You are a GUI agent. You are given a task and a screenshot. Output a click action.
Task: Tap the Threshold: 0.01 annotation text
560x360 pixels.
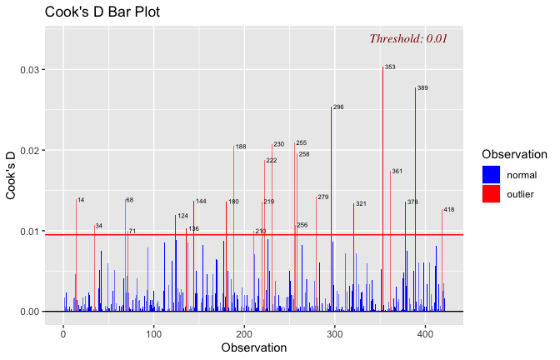(x=408, y=38)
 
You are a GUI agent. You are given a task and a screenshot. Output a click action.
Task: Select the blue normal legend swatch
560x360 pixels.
(x=491, y=174)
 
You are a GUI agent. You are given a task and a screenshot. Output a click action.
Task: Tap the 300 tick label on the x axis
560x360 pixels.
(x=334, y=332)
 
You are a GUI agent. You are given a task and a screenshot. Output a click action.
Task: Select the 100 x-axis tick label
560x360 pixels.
(x=153, y=332)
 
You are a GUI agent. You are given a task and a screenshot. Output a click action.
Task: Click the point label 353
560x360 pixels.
(x=390, y=67)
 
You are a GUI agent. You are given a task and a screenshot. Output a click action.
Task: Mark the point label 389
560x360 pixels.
(x=422, y=87)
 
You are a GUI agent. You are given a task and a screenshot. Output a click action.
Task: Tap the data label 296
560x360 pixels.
(x=338, y=107)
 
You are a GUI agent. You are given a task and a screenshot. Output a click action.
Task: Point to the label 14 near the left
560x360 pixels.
(x=81, y=200)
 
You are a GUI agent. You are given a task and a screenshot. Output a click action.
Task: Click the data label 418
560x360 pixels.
(x=448, y=210)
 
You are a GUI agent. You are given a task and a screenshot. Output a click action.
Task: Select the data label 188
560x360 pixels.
(x=241, y=147)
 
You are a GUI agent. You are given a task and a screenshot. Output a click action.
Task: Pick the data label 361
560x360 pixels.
(x=397, y=172)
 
